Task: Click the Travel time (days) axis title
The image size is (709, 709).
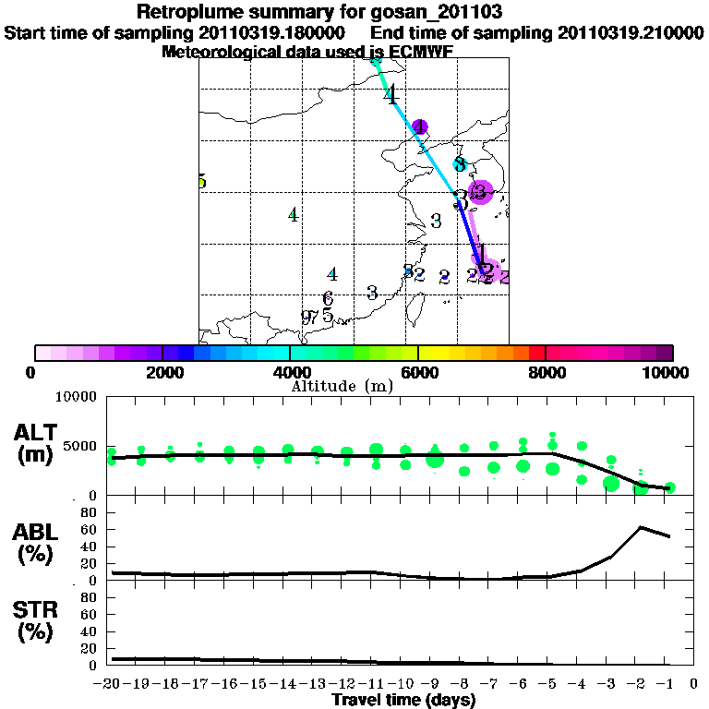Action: pyautogui.click(x=403, y=701)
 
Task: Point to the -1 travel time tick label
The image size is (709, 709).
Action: pyautogui.click(x=670, y=684)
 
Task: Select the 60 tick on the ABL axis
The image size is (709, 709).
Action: pyautogui.click(x=90, y=529)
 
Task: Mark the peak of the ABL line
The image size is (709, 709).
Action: pyautogui.click(x=641, y=527)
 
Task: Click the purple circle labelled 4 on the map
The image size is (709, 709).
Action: pyautogui.click(x=420, y=126)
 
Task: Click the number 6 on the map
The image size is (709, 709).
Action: pyautogui.click(x=328, y=299)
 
